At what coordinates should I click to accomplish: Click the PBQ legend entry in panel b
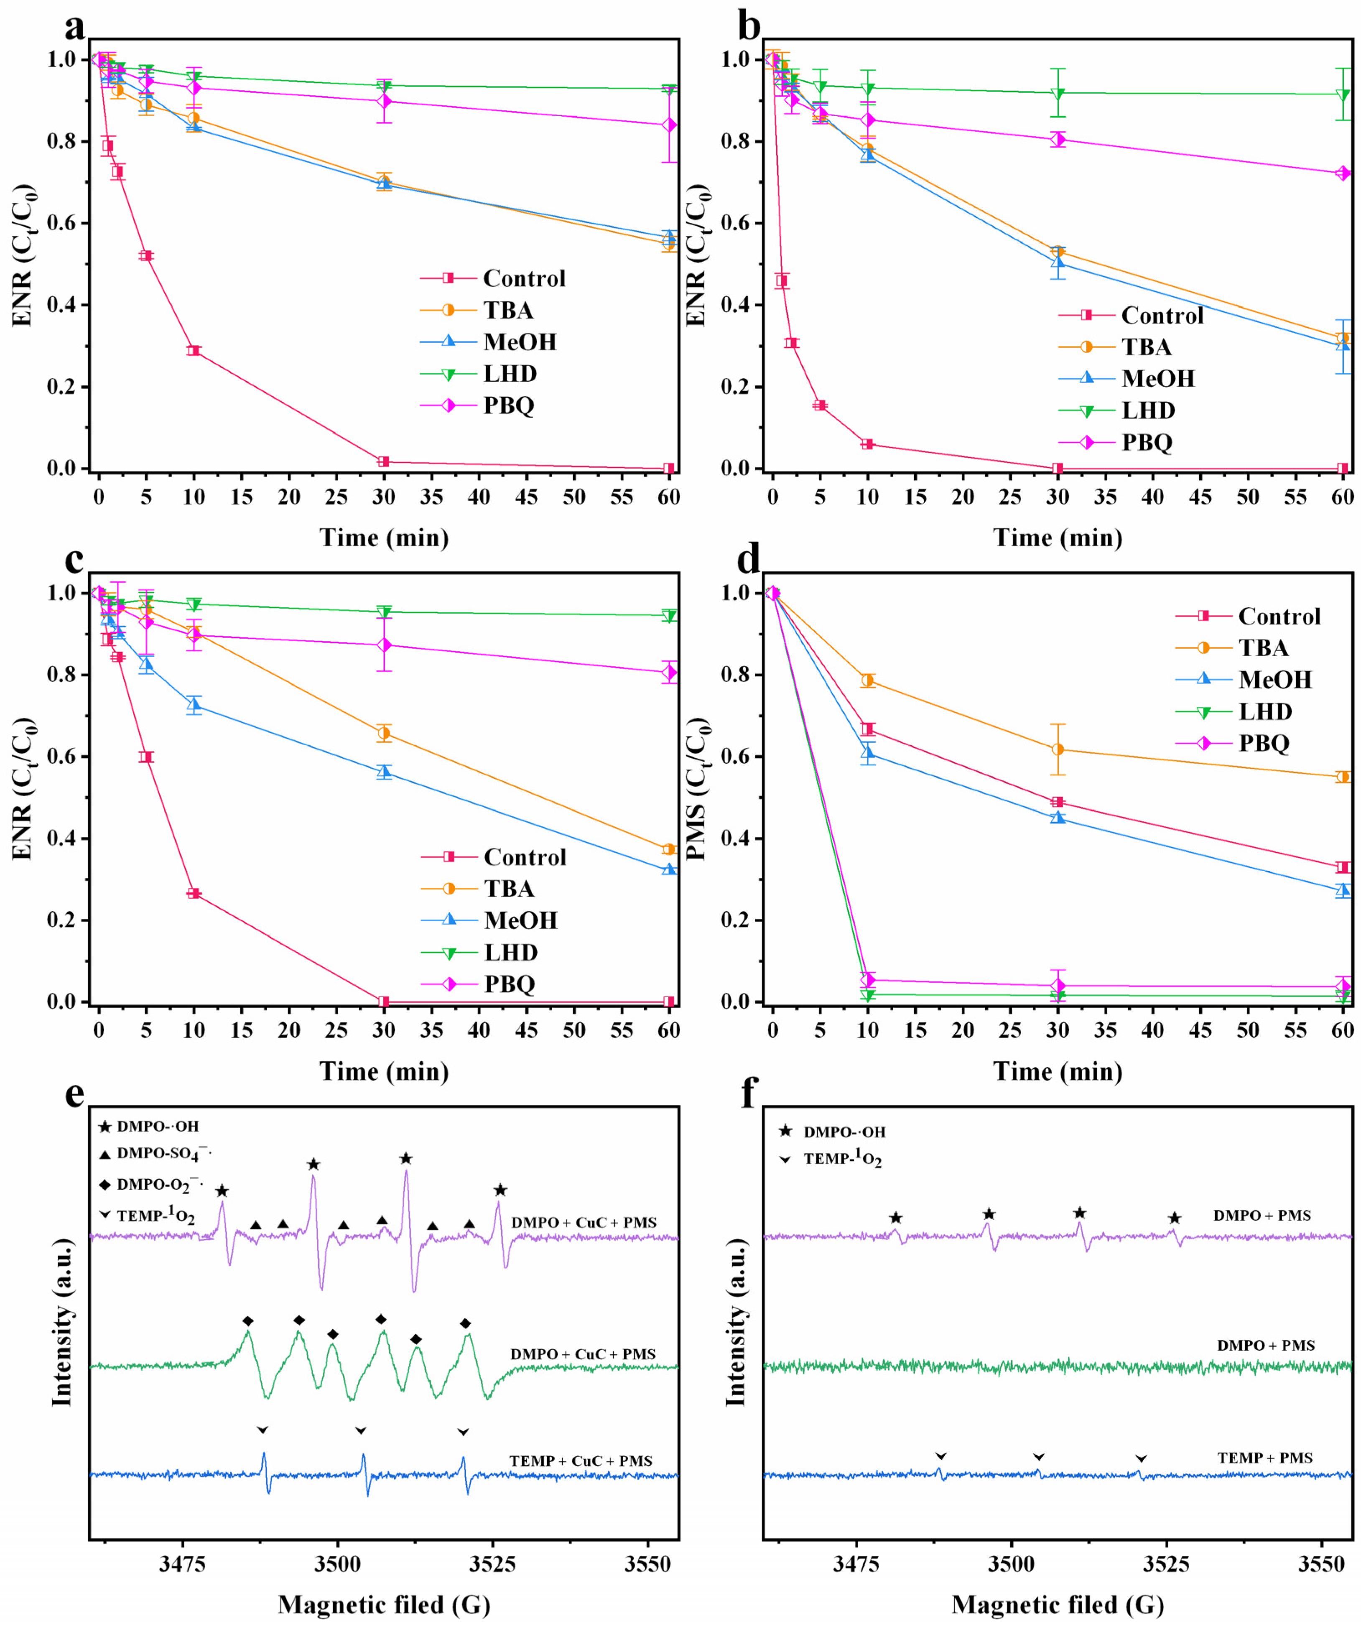1146,442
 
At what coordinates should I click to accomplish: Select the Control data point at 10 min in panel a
194,351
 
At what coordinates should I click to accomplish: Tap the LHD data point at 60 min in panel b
1342,94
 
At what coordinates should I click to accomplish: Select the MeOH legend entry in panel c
520,920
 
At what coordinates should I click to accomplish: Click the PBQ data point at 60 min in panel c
668,672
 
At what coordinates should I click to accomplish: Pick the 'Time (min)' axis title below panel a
384,538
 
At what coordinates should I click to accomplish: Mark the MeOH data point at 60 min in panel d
1342,890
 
